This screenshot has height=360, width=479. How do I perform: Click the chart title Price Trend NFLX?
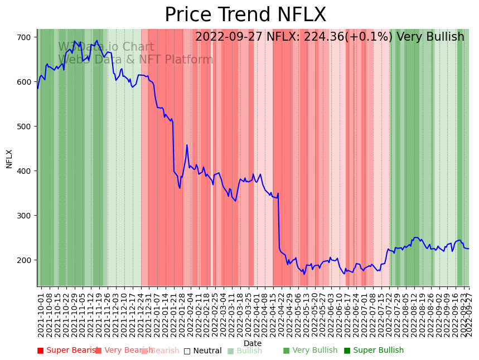point(245,15)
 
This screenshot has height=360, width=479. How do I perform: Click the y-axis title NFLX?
point(9,158)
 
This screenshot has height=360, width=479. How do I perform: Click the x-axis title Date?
point(253,343)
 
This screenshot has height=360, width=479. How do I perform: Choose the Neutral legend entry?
point(203,351)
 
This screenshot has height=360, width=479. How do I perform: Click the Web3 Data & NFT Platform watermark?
point(136,60)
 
